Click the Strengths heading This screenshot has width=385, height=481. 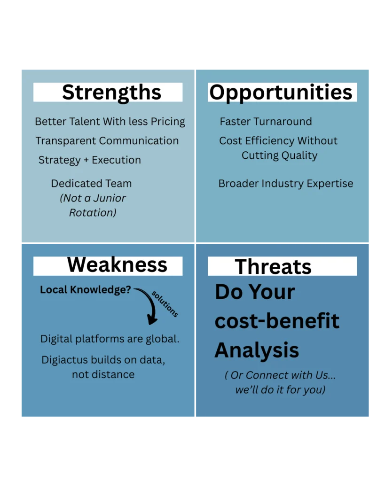coord(111,93)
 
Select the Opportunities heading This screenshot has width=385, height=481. coord(281,93)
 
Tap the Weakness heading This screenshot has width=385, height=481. coord(117,265)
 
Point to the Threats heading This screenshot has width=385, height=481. coord(273,267)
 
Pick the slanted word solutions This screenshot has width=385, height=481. coord(165,304)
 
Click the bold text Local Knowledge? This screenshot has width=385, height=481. coord(86,290)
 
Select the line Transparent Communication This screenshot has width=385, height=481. coord(107,141)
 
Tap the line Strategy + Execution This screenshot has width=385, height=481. coord(90,160)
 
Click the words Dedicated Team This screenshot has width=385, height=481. coord(91,184)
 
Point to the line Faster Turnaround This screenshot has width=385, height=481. coord(266,122)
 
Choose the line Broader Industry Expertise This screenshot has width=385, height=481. coord(285,184)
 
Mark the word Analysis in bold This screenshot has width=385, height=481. coord(257,350)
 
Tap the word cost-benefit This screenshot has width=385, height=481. coord(277,321)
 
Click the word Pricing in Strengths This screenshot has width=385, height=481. coord(168,122)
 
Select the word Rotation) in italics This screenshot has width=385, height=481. coord(93,213)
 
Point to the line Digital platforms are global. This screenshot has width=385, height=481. coord(110,339)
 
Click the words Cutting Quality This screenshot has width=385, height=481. coord(279,155)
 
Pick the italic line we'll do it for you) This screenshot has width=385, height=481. coord(280,390)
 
